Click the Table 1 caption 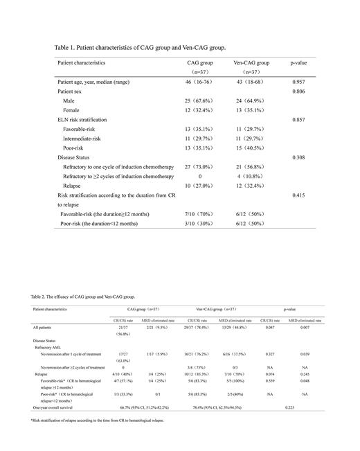(x=140, y=48)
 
